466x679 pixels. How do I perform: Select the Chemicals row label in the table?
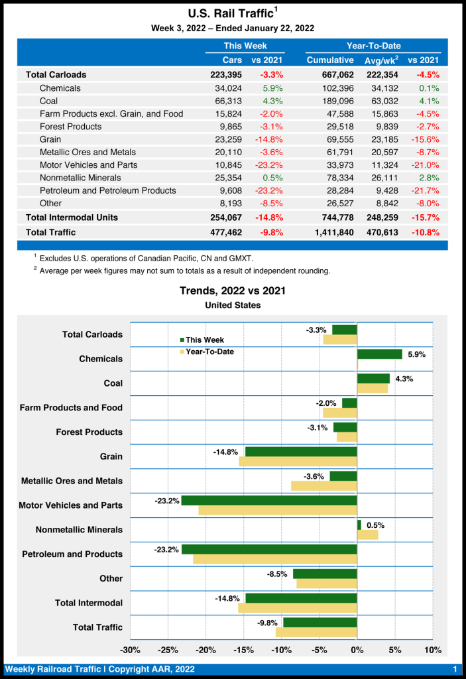point(60,88)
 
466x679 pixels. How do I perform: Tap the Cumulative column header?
point(330,60)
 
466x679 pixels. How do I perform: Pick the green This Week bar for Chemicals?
point(379,354)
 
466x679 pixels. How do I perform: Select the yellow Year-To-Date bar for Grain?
point(298,462)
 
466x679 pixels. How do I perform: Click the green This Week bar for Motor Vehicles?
point(269,501)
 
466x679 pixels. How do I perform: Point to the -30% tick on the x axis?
point(130,649)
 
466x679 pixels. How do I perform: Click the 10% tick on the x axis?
point(432,649)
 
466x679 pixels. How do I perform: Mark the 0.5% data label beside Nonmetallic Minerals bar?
point(375,525)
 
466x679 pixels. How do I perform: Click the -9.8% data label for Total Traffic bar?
point(268,623)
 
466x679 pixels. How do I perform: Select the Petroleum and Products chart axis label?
point(72,554)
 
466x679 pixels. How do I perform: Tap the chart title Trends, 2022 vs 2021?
point(233,291)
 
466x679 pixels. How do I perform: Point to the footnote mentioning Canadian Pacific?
point(146,258)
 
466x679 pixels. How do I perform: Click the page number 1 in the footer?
point(455,669)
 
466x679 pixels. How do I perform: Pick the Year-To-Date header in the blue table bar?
point(373,46)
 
